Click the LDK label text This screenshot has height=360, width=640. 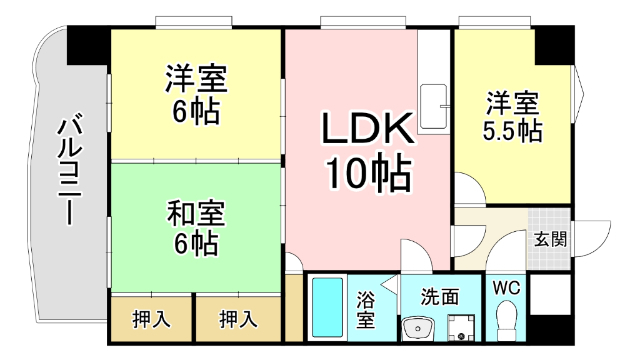click(x=367, y=131)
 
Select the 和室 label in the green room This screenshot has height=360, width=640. click(x=196, y=213)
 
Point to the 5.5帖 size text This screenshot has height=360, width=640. click(x=513, y=130)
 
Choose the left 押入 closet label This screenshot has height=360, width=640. click(x=152, y=320)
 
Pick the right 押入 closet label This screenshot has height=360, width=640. click(x=237, y=320)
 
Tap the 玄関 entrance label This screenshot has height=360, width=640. click(x=550, y=239)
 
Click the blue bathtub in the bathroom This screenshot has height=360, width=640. click(x=327, y=309)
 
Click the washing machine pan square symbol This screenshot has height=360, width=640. click(x=460, y=326)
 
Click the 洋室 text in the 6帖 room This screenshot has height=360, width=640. click(x=196, y=78)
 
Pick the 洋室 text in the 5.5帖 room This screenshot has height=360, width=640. click(x=513, y=103)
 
